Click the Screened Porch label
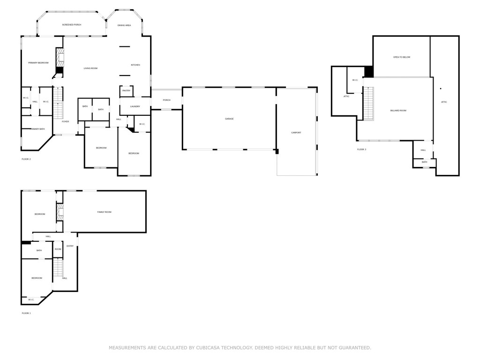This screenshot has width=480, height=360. pyautogui.click(x=72, y=25)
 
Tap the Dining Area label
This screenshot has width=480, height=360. pyautogui.click(x=124, y=25)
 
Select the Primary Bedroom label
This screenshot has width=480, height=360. pyautogui.click(x=38, y=63)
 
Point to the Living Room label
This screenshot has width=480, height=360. pyautogui.click(x=90, y=68)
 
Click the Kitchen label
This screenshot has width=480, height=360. pyautogui.click(x=135, y=65)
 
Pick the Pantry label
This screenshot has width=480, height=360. pyautogui.click(x=126, y=90)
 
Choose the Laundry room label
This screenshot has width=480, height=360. pyautogui.click(x=135, y=106)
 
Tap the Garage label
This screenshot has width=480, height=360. pyautogui.click(x=229, y=119)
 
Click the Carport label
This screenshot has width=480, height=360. pyautogui.click(x=296, y=133)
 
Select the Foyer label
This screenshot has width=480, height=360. pyautogui.click(x=65, y=121)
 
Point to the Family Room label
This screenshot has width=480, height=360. pyautogui.click(x=104, y=212)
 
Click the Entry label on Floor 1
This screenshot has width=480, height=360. pyautogui.click(x=70, y=246)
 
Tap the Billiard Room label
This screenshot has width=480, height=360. pyautogui.click(x=398, y=111)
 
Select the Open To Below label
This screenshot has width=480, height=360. pyautogui.click(x=402, y=57)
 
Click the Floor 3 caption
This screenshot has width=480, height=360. pyautogui.click(x=361, y=150)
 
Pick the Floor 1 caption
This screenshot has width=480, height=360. pyautogui.click(x=26, y=313)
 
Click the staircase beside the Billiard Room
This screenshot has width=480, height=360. pyautogui.click(x=368, y=104)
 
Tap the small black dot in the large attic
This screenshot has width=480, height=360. pyautogui.click(x=441, y=88)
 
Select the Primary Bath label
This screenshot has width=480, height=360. pyautogui.click(x=37, y=129)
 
